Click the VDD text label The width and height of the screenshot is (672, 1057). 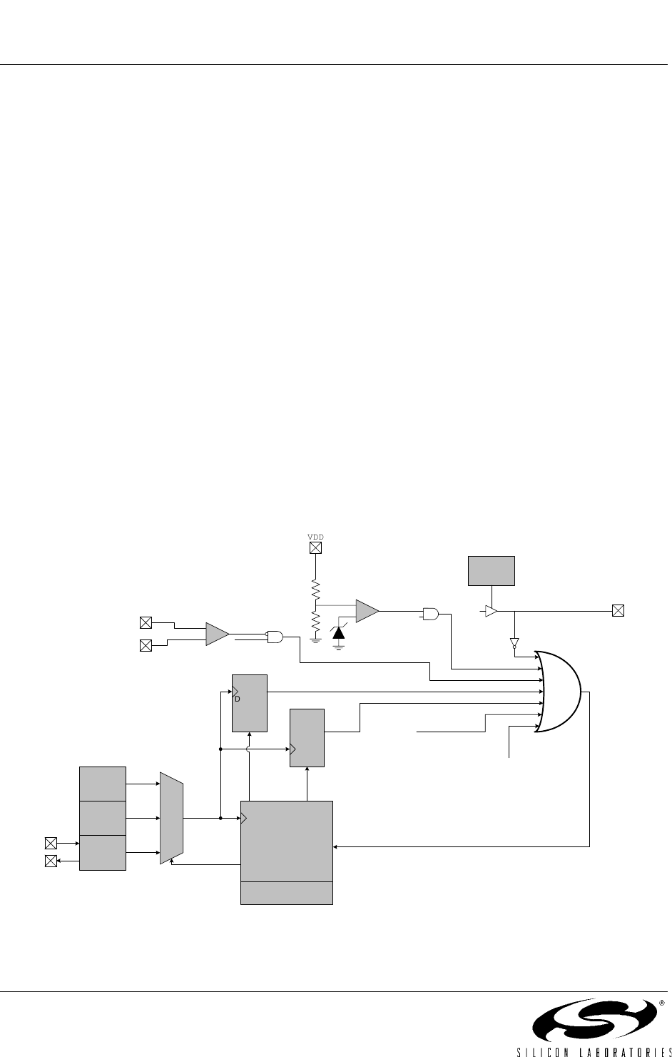tap(315, 537)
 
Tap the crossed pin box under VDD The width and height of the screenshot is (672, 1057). tap(315, 548)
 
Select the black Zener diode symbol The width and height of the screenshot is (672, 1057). tap(338, 632)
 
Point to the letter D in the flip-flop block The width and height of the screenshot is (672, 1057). tap(238, 699)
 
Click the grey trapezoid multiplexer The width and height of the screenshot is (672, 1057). tap(172, 818)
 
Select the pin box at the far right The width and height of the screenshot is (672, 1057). tap(618, 611)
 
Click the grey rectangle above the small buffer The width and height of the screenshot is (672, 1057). tap(492, 571)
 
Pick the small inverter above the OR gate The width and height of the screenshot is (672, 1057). tap(514, 643)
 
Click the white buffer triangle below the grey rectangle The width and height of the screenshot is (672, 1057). tap(491, 611)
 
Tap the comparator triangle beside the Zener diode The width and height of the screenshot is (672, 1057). tap(367, 611)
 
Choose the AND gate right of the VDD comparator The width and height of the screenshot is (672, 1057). tap(431, 614)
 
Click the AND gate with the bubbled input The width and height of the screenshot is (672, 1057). tap(275, 637)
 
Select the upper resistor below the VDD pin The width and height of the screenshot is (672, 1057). tap(315, 590)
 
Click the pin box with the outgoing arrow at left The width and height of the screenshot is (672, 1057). tap(51, 861)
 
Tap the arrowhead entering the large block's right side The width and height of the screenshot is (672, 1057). tap(335, 847)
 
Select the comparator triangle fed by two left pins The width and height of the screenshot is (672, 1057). tap(218, 634)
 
